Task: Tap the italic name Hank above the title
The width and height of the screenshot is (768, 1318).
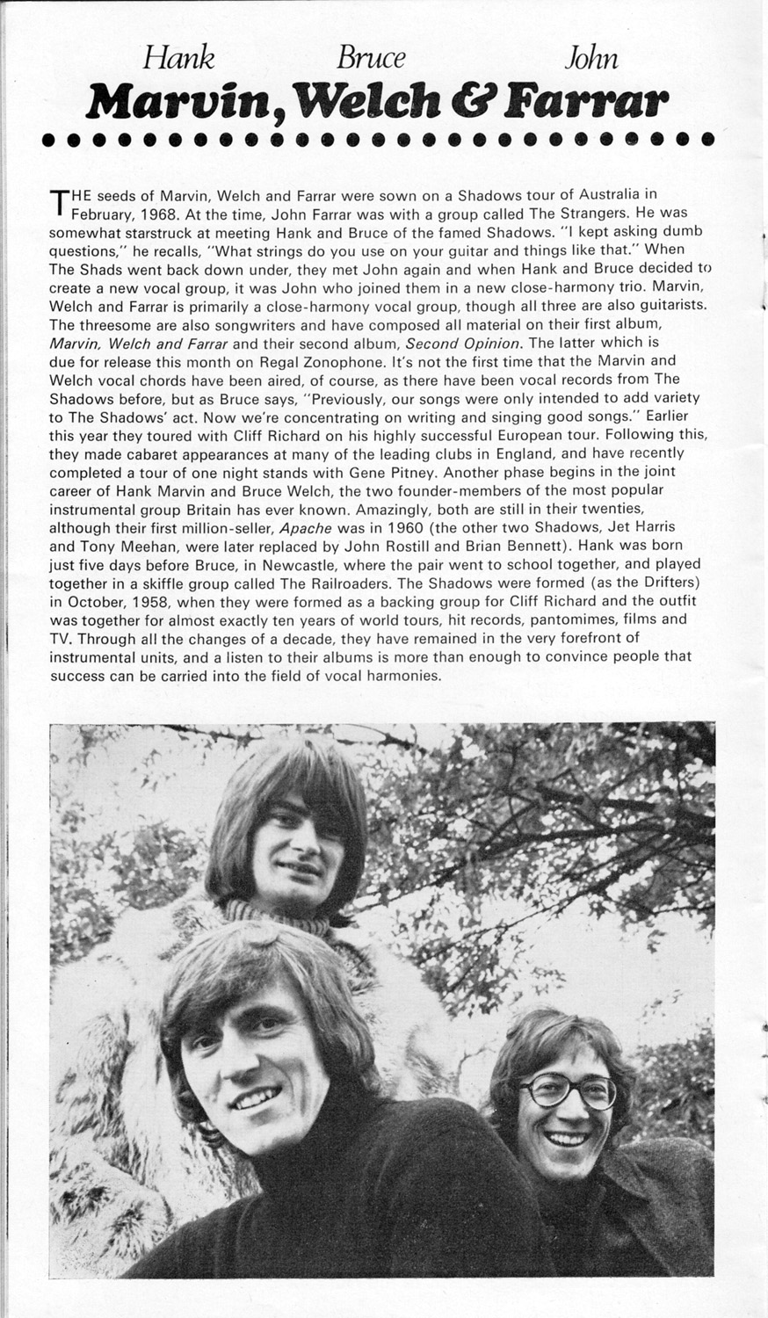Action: (x=178, y=58)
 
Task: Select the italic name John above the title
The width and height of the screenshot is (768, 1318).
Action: (x=590, y=58)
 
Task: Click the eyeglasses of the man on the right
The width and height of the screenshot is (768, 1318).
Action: (x=566, y=1092)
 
